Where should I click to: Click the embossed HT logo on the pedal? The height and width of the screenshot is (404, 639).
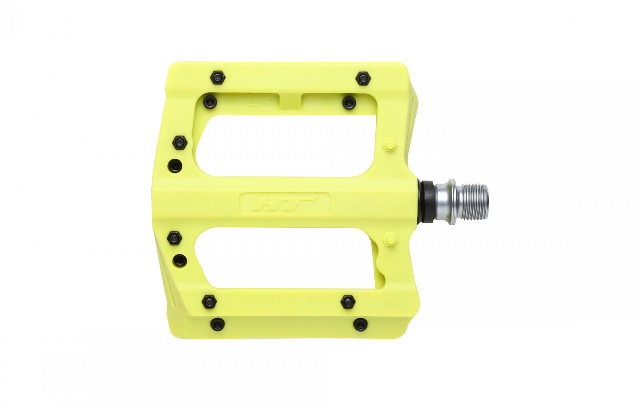[285, 203]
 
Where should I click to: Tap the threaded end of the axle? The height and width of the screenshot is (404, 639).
[475, 202]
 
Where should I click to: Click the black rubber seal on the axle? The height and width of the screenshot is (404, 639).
[427, 202]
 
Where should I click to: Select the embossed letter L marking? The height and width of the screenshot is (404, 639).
[253, 101]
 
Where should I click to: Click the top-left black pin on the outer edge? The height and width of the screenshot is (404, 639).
[218, 78]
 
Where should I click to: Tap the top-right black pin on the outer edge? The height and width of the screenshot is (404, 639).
[363, 78]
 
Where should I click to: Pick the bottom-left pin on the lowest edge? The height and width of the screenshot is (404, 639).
[217, 324]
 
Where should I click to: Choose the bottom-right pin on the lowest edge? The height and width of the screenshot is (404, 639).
[360, 324]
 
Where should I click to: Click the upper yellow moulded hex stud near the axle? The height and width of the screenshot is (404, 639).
[390, 145]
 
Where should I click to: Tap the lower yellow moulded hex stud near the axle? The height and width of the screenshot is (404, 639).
[390, 239]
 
